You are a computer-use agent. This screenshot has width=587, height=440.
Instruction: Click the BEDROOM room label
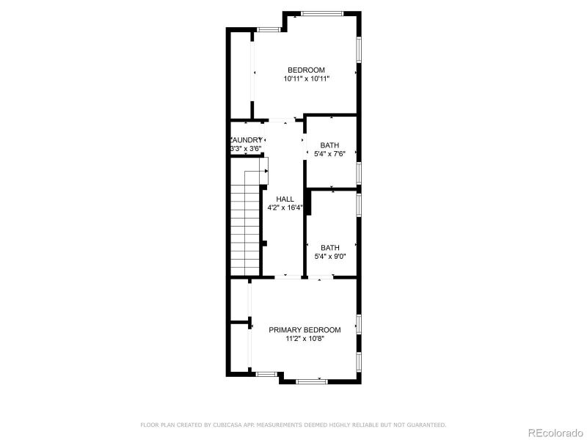pyautogui.click(x=306, y=70)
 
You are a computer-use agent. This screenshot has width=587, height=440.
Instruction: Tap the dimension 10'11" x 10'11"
pyautogui.click(x=306, y=78)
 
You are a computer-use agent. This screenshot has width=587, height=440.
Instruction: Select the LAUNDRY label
pyautogui.click(x=247, y=140)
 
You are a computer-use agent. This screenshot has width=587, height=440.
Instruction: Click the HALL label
pyautogui.click(x=285, y=199)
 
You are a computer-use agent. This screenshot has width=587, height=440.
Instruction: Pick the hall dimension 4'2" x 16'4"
pyautogui.click(x=285, y=208)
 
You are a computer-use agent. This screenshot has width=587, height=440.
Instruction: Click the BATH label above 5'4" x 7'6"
pyautogui.click(x=329, y=145)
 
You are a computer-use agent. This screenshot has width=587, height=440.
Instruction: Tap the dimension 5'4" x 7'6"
pyautogui.click(x=329, y=154)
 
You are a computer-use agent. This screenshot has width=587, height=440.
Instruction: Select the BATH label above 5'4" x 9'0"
pyautogui.click(x=329, y=248)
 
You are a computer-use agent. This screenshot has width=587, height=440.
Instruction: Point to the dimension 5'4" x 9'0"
pyautogui.click(x=329, y=257)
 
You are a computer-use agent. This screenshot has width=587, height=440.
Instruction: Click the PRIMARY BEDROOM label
pyautogui.click(x=305, y=330)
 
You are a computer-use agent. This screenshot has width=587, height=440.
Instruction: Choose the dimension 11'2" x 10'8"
pyautogui.click(x=305, y=339)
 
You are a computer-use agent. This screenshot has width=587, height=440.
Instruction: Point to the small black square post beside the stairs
pyautogui.click(x=264, y=243)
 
